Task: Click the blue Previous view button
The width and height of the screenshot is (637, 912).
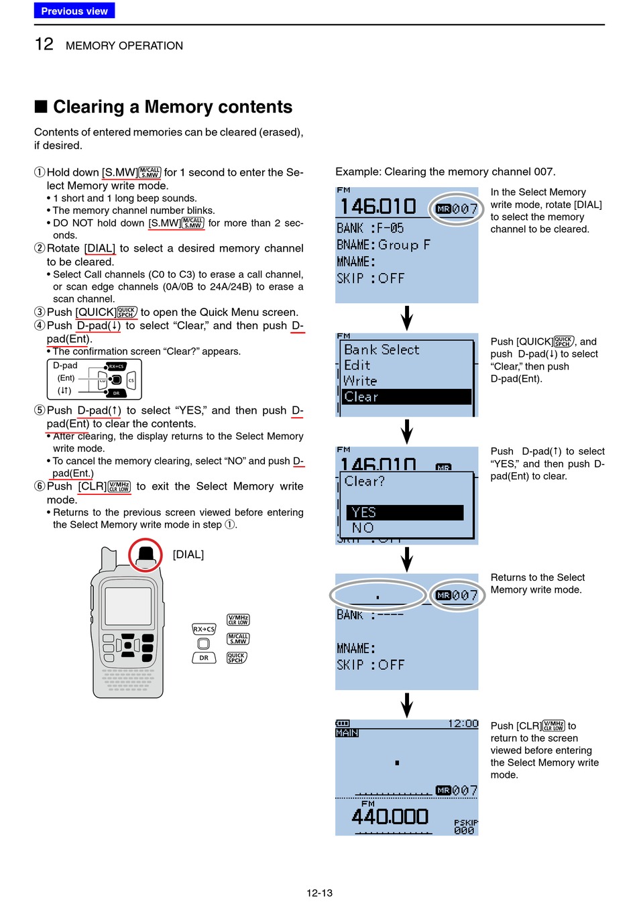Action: point(74,11)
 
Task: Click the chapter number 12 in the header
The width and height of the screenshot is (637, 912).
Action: point(44,44)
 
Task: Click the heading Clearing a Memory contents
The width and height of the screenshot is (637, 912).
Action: point(172,107)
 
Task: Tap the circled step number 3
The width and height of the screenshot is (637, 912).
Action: point(40,312)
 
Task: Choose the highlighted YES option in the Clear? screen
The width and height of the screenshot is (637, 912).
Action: point(405,512)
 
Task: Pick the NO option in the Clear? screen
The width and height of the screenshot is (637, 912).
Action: point(363,528)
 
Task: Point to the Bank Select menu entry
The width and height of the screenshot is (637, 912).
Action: point(382,349)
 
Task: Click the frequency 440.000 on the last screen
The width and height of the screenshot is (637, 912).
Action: point(390,817)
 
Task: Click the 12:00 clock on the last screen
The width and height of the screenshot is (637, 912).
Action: point(463,724)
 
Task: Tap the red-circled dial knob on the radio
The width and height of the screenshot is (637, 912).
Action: point(146,555)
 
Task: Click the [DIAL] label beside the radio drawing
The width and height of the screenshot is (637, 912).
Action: point(188,555)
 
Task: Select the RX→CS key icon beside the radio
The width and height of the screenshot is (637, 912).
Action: point(204,629)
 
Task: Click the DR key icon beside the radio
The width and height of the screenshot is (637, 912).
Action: point(204,658)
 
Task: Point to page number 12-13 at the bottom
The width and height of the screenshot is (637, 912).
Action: point(319,893)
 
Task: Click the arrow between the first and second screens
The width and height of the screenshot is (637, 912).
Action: point(407,318)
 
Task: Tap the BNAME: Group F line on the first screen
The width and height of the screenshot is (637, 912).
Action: point(384,245)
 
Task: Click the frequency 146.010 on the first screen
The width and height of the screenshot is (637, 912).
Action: point(378,207)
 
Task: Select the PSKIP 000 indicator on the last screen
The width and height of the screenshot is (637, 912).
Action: point(465,826)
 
